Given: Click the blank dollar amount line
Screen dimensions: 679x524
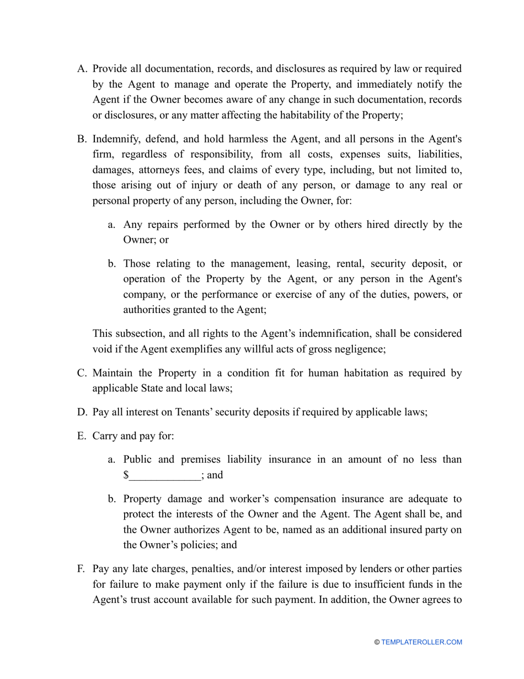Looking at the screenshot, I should point(164,475).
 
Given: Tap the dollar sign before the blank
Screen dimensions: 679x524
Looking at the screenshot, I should point(126,475).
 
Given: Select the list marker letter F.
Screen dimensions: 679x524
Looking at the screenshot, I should point(82,569).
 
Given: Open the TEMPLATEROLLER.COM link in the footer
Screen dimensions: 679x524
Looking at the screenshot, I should point(421,642).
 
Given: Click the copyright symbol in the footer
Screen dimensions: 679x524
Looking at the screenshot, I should point(377,642).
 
